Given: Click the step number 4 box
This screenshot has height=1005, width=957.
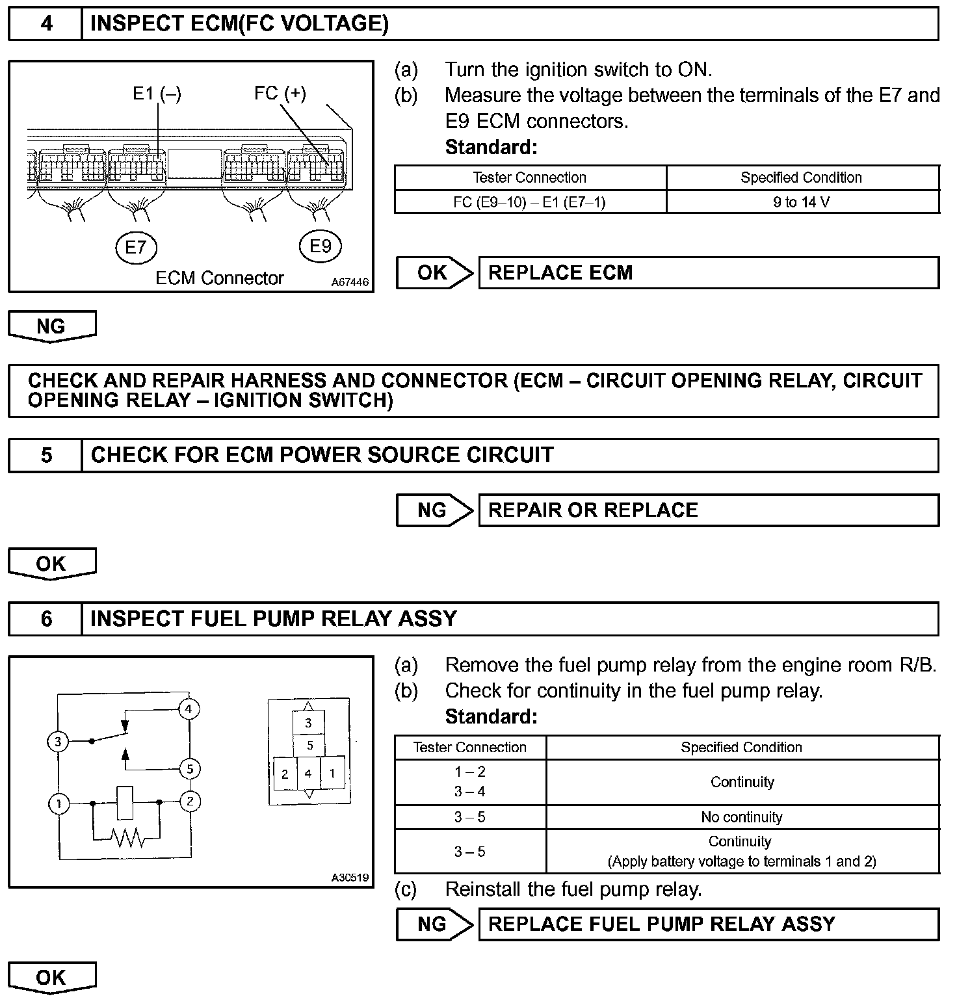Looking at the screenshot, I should tap(46, 24).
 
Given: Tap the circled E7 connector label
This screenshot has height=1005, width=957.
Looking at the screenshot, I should tap(136, 247).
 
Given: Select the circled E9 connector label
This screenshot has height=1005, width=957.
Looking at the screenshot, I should tap(320, 246).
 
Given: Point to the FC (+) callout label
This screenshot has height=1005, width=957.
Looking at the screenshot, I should tap(280, 93).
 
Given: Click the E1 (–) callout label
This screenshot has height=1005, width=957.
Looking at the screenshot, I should tap(157, 94).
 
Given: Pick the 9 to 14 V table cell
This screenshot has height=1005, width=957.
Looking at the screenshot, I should tap(802, 202).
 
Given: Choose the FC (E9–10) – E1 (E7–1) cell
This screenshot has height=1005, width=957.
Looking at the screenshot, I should tap(529, 202).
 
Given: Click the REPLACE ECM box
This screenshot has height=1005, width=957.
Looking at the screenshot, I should tap(708, 272).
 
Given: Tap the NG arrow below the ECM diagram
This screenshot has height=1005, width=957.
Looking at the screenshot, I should tap(51, 326).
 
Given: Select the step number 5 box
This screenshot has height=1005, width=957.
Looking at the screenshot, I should tap(46, 455).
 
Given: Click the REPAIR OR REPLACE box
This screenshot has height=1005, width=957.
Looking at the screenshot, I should tap(708, 510).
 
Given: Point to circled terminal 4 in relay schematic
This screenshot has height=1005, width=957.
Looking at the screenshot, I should tap(189, 709).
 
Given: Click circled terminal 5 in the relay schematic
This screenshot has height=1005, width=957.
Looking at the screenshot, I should tap(190, 769).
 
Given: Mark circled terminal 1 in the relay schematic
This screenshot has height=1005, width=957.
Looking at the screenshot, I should tap(59, 804).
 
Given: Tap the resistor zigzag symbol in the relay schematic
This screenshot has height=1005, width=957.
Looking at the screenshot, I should tap(128, 839).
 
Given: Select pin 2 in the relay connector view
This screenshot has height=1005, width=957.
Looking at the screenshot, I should tap(285, 774).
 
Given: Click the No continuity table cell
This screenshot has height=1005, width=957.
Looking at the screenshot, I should tap(742, 817).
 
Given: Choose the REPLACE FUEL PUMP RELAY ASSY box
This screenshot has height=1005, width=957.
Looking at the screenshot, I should tap(708, 924).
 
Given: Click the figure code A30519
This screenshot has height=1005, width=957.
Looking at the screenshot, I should tap(350, 878).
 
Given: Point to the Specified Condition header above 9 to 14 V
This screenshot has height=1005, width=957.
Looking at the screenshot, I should tap(802, 177).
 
